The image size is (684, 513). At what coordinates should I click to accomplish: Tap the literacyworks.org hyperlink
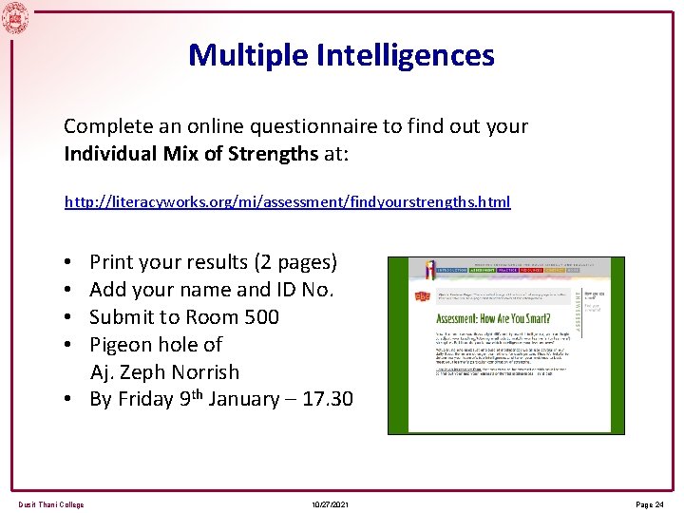[287, 202]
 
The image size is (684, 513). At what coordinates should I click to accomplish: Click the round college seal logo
[15, 16]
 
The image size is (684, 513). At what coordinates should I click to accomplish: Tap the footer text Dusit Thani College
[50, 504]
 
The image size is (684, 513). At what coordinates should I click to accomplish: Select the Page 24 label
[651, 504]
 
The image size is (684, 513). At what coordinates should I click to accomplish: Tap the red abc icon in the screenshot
[422, 297]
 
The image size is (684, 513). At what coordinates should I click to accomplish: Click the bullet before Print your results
[70, 262]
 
